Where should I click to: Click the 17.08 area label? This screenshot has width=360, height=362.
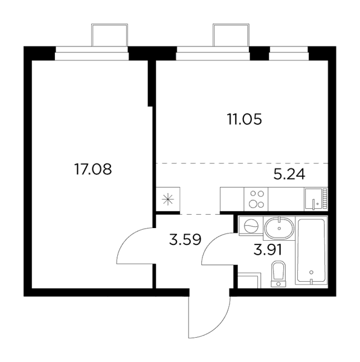coord(93,169)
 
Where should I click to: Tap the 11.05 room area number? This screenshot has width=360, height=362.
coord(245,119)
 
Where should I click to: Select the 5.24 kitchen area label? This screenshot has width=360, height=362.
coord(289,174)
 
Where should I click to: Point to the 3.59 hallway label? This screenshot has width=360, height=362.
coord(185,240)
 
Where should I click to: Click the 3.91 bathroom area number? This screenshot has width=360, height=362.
coord(268,249)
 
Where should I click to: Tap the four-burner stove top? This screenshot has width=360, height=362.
coord(256,199)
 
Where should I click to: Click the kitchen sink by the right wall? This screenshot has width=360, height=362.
coord(316,199)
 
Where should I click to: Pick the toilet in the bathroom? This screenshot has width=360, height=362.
coord(278,275)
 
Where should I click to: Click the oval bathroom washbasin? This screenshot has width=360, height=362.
coord(279,229)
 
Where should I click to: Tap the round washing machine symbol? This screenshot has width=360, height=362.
coord(251,226)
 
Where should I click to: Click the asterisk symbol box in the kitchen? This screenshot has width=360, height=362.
coord(168,199)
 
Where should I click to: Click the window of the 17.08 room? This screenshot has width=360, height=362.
coord(92,53)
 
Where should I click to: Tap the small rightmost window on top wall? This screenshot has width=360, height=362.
coord(289,53)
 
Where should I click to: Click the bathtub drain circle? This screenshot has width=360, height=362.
coord(311,272)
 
